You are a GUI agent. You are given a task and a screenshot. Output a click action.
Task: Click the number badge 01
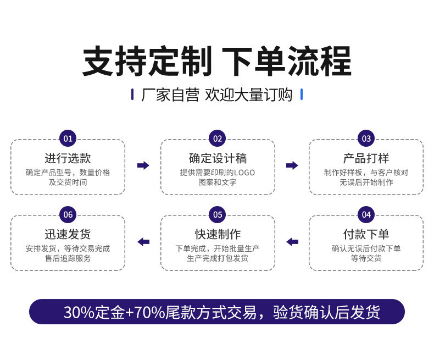coord(68,139)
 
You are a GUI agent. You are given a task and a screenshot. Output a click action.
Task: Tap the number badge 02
coord(218,139)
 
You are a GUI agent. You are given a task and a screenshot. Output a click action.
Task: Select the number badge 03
coord(366,139)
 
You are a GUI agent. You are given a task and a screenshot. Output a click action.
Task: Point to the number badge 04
coord(366,214)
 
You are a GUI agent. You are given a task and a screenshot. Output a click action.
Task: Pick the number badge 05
coord(218,214)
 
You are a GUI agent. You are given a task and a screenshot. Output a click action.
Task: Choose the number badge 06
coord(68,214)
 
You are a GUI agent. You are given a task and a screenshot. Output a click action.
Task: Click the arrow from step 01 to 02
coord(143,165)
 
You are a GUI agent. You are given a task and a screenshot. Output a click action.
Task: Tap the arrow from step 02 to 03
coord(292,165)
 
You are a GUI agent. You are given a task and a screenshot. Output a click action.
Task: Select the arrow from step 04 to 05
coord(292,242)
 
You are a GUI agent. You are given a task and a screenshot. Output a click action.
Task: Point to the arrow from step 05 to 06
coord(143,242)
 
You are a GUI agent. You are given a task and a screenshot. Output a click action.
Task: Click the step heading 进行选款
coord(68,158)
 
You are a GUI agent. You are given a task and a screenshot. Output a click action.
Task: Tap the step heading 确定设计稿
coord(218,158)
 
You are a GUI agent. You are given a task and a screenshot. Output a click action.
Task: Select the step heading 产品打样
coord(366,158)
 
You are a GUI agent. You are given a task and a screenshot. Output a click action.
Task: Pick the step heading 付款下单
coord(366,235)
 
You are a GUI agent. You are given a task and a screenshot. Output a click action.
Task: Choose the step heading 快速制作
coord(218,235)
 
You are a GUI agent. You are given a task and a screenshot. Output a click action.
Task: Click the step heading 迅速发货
coord(68,235)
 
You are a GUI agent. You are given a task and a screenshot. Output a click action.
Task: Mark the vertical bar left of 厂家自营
coord(132,95)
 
